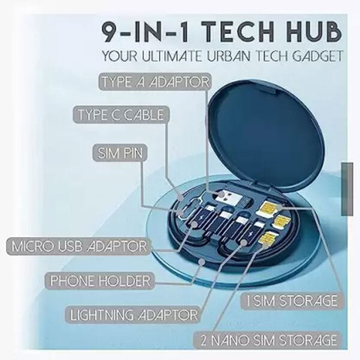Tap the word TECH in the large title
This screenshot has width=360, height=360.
[235, 32]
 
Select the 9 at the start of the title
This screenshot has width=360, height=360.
[110, 32]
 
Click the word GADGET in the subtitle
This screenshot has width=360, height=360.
[317, 56]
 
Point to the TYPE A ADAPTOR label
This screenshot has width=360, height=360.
[154, 82]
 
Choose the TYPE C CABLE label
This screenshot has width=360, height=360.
[121, 115]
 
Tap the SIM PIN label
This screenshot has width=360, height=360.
[120, 153]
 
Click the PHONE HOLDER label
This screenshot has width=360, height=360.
[100, 280]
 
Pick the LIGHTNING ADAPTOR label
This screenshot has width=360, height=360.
[133, 315]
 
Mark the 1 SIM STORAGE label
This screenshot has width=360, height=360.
[292, 301]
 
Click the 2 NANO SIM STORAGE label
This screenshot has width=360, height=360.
[268, 340]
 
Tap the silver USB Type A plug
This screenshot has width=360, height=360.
[230, 198]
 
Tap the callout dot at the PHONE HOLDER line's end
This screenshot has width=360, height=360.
[201, 262]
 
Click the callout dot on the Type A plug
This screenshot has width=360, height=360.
[221, 194]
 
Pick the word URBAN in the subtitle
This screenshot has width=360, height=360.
[229, 56]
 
